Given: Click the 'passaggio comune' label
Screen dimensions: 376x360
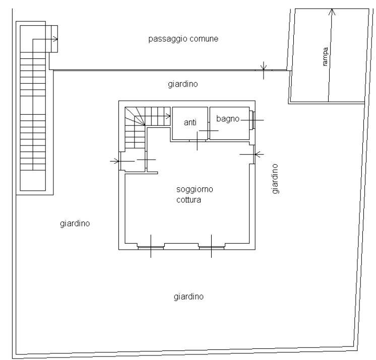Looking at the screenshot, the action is coord(183,39).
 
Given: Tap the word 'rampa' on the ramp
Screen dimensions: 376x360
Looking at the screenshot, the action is coord(325,56).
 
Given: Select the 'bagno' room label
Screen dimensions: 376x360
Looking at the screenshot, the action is coord(228,119).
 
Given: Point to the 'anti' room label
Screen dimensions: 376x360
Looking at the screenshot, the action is coord(190,122).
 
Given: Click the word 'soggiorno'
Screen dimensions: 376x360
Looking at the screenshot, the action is coord(195,189).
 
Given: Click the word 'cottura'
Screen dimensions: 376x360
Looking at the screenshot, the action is coord(189,200).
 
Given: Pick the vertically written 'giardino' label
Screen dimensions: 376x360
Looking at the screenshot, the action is coord(275,179).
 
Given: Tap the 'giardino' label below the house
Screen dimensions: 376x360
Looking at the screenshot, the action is coord(189,297).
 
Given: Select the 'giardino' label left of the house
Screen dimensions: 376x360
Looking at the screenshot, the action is coord(75,224).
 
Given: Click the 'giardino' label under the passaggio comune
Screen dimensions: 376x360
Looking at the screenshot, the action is coord(183,84).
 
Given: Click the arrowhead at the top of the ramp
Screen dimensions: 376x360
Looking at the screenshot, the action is coord(332,12).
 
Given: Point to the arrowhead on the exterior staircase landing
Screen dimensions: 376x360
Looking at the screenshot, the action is coord(55,39).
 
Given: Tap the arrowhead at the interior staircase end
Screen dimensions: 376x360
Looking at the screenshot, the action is coord(168,116).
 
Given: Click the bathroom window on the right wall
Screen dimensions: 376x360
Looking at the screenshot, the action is coord(252,120).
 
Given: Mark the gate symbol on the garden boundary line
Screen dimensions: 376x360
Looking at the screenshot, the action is coord(264,70).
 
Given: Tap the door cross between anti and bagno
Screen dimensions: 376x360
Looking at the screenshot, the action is coord(209,130).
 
